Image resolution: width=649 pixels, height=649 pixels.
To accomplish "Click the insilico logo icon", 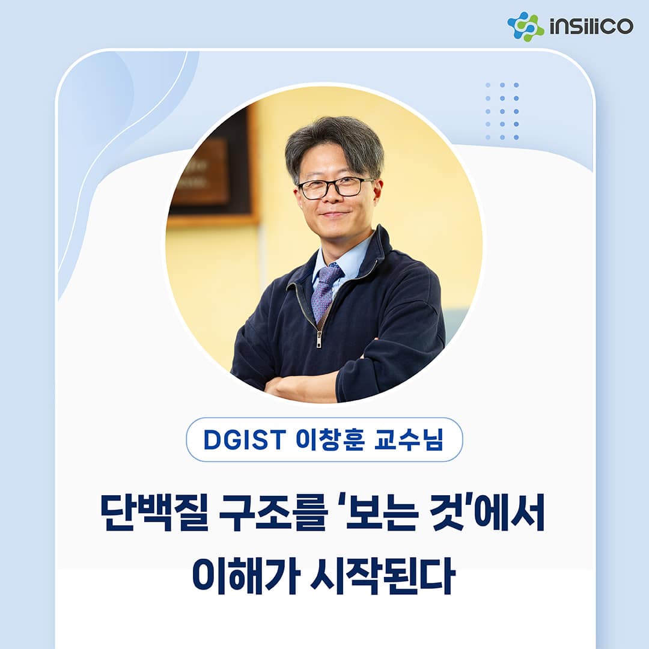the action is point(525,26).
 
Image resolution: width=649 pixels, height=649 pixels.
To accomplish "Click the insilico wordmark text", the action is point(591,26).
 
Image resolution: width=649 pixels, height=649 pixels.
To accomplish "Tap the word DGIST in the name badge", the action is point(245,439).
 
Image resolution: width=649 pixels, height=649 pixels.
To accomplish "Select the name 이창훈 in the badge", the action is point(330,439).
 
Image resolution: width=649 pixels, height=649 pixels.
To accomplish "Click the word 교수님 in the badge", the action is point(409,439).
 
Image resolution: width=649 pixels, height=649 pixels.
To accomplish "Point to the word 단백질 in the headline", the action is point(154,512).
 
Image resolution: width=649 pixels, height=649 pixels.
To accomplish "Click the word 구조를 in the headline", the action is point(273,512).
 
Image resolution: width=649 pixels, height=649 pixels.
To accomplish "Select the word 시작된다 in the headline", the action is point(383,576).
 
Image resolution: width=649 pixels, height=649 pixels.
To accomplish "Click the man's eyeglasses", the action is point(335,187).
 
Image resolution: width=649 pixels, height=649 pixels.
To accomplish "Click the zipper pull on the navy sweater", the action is point(318,338).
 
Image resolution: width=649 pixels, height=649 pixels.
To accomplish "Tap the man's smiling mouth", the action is point(335,215).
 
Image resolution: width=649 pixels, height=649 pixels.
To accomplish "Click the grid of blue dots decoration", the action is point(502,111).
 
